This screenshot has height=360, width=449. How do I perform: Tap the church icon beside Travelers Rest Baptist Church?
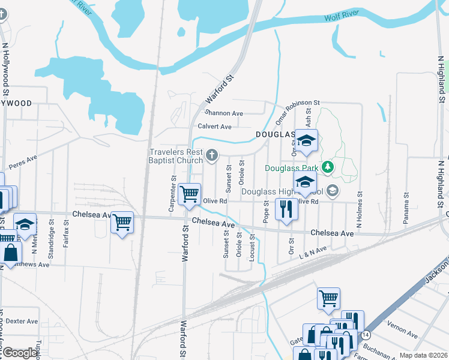[211, 156]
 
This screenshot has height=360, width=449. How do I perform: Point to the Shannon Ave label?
[224, 113]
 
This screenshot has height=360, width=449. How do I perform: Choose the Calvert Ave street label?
[215, 127]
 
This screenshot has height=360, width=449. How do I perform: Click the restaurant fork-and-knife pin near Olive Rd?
[286, 209]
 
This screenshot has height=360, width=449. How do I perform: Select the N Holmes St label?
[360, 210]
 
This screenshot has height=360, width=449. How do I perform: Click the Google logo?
[20, 353]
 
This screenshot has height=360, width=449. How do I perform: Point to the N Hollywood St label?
[5, 69]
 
